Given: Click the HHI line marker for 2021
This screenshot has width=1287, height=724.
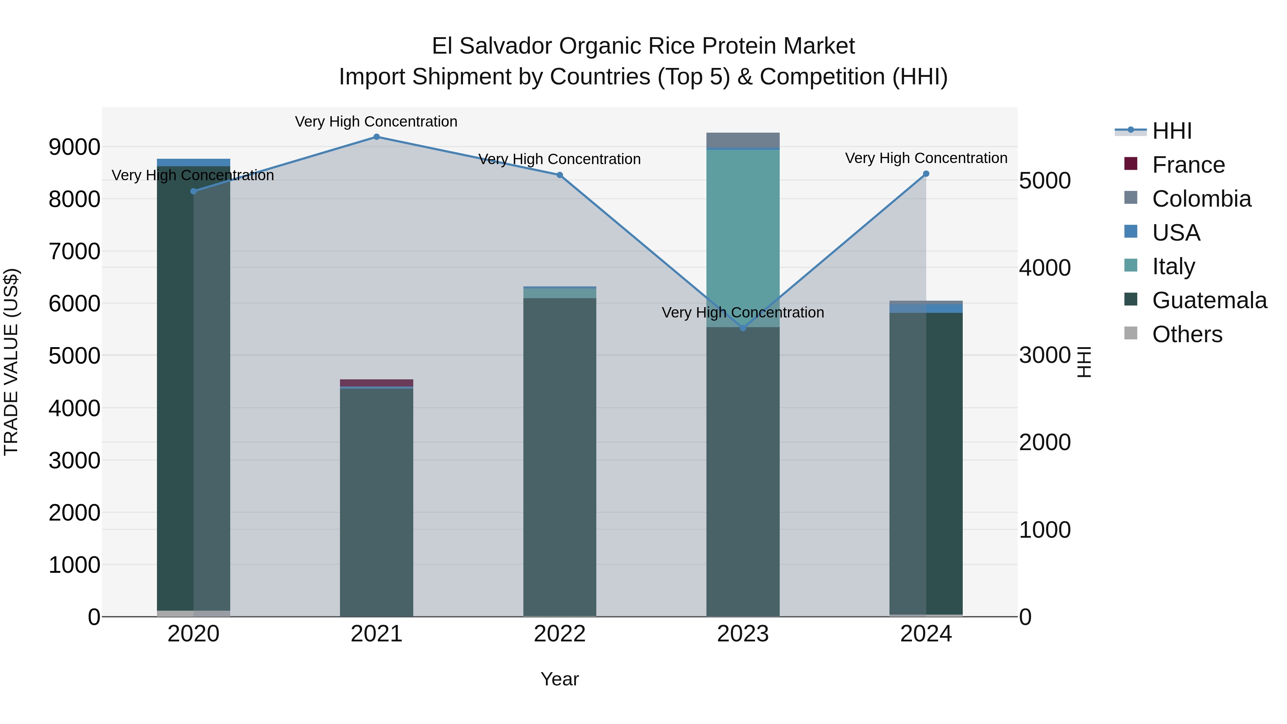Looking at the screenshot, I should (377, 137).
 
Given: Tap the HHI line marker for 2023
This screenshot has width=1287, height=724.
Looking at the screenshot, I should (743, 328).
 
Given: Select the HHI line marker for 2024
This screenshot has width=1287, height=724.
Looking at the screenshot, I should (926, 174).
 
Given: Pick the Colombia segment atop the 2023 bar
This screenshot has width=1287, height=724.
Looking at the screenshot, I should (743, 141).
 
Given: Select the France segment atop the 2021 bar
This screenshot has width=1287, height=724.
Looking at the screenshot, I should (377, 383).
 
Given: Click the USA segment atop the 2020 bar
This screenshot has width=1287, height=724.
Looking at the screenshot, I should (193, 162).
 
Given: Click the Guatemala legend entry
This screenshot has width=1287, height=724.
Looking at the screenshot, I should (1209, 300).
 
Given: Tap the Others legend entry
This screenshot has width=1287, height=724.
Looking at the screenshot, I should (1187, 334).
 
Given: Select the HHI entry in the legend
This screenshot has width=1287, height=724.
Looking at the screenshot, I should (1172, 131).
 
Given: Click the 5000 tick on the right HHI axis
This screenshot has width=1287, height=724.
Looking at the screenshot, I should (1045, 181).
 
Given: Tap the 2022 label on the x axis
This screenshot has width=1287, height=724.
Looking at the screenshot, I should (559, 634).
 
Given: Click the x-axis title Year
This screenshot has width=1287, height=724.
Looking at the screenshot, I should (559, 679).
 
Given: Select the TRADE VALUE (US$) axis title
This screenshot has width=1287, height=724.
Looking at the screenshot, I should (11, 362).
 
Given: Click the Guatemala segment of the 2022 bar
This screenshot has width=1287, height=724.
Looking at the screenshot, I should (559, 450).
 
